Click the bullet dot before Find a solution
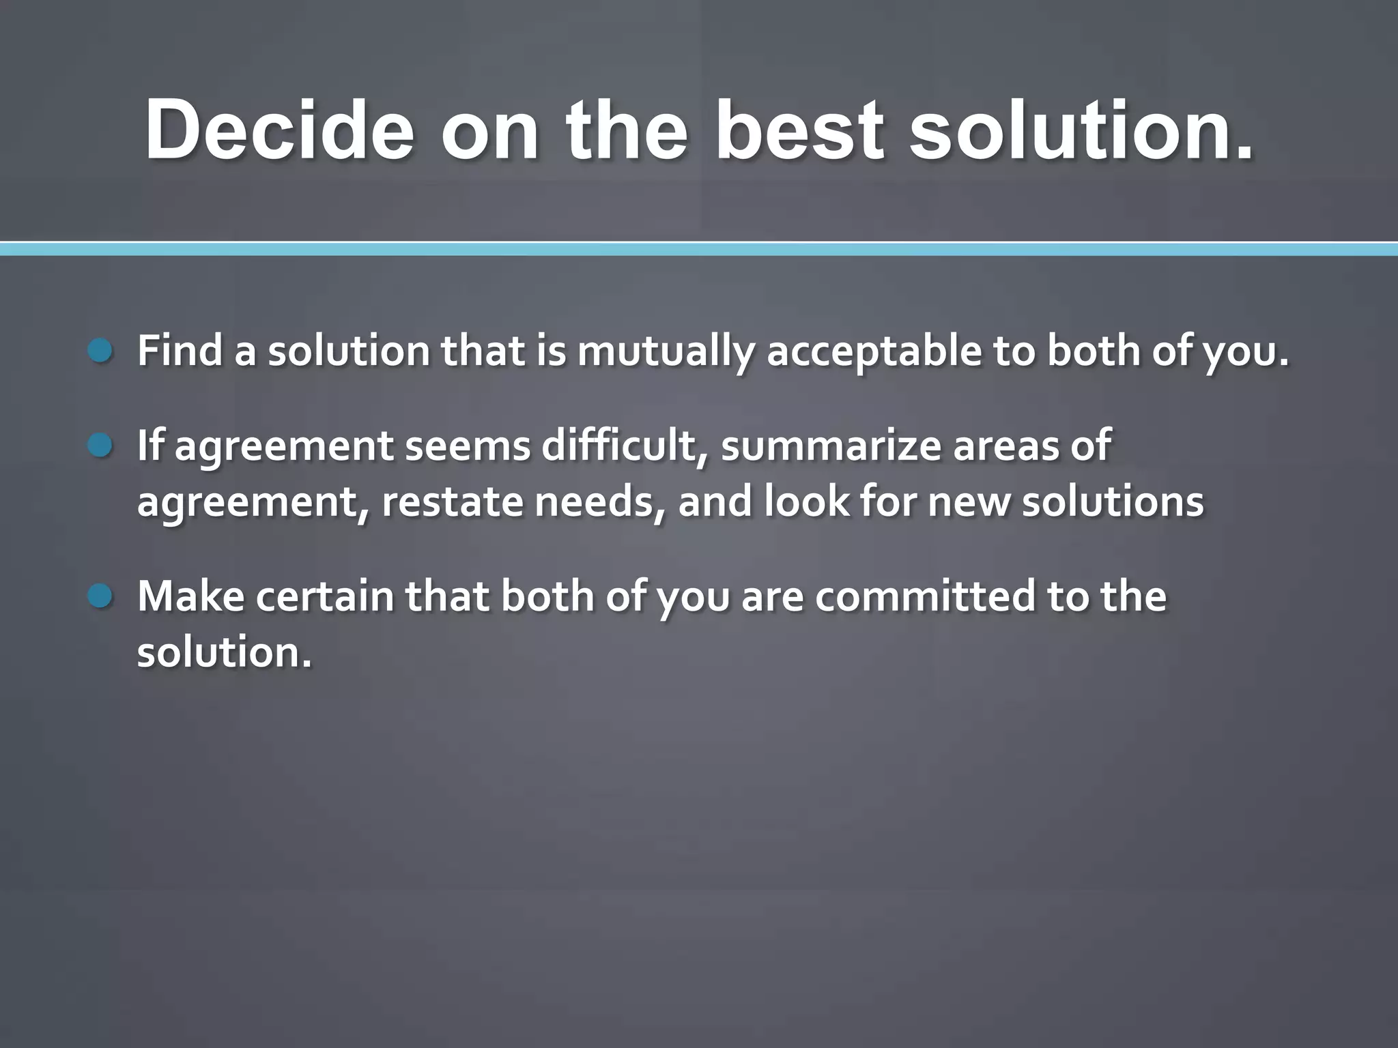pyautogui.click(x=100, y=351)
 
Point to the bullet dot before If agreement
pyautogui.click(x=100, y=446)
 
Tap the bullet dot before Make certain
pyautogui.click(x=100, y=596)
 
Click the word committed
pyautogui.click(x=924, y=596)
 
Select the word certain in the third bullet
pyautogui.click(x=326, y=596)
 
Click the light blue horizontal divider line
pyautogui.click(x=699, y=250)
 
